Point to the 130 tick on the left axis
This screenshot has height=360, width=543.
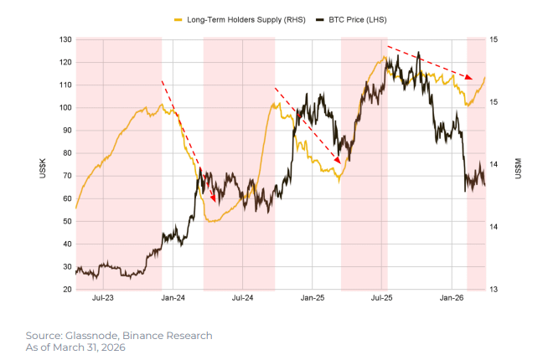pos(65,39)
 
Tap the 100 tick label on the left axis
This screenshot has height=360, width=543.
pos(65,108)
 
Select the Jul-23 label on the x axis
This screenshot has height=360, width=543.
pos(103,297)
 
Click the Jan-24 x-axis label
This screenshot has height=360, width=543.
pos(173,297)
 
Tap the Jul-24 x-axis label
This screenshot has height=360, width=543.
pos(242,297)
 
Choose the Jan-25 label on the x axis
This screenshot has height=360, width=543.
pos(313,297)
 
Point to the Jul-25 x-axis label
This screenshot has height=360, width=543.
pos(382,297)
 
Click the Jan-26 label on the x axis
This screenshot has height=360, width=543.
pos(452,297)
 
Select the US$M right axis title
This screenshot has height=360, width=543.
pos(517,164)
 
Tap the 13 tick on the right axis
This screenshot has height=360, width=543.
pos(495,290)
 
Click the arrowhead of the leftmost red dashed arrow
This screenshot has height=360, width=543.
pos(215,200)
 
